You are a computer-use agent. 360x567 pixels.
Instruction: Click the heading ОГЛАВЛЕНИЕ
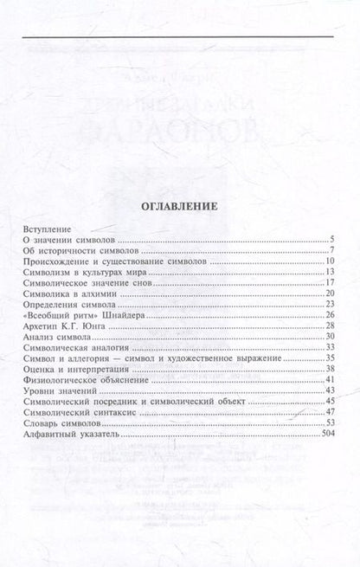[x=179, y=207]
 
